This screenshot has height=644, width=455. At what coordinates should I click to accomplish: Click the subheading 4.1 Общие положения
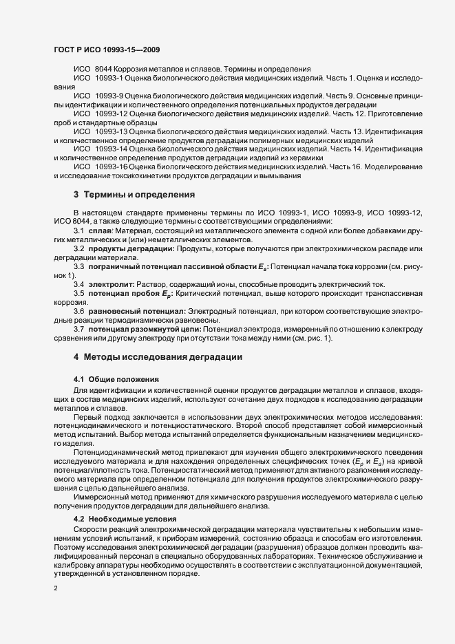point(116,379)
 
